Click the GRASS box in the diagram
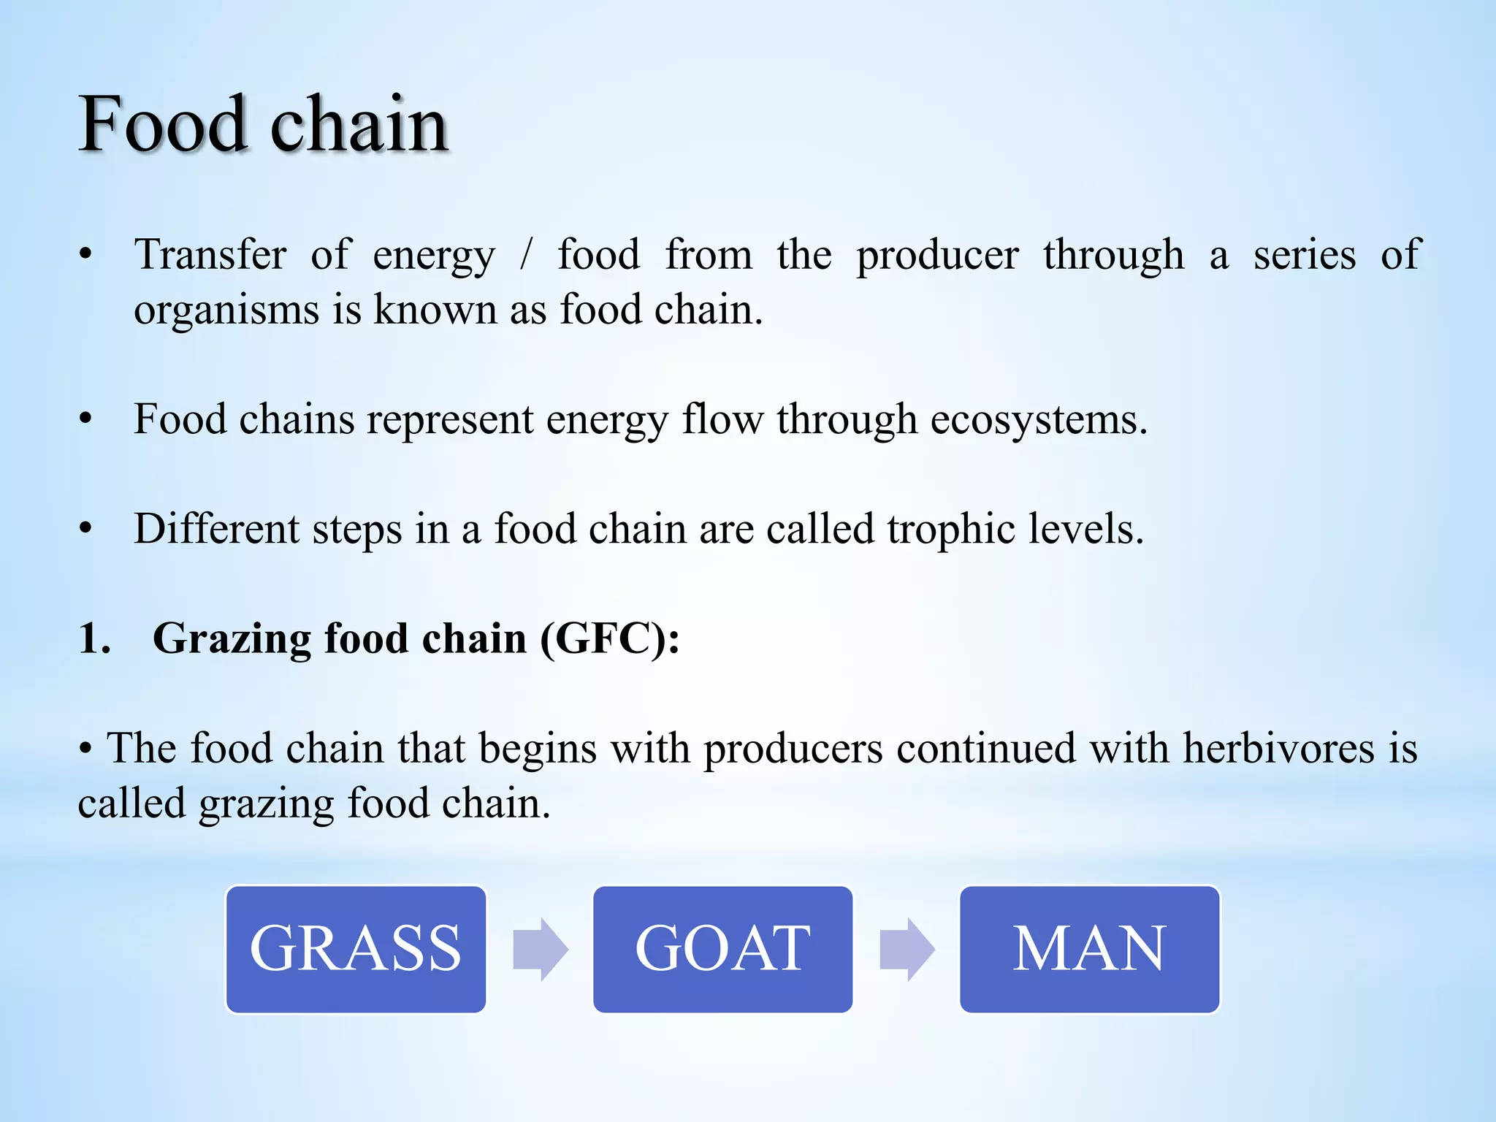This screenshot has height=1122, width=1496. point(356,949)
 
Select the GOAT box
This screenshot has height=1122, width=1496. point(722,949)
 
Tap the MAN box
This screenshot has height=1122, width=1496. point(1089,949)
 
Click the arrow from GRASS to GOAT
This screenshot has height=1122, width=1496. point(541,949)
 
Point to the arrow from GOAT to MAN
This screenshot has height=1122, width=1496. point(907,949)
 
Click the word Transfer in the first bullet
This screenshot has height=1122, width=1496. point(210,255)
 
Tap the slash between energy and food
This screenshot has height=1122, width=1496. point(526,255)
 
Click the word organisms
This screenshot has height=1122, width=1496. point(226,310)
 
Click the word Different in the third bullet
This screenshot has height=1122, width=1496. point(217,529)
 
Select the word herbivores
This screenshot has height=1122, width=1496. point(1279,748)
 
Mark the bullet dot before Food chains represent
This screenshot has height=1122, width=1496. point(86,420)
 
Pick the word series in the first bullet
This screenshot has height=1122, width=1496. point(1305,255)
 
